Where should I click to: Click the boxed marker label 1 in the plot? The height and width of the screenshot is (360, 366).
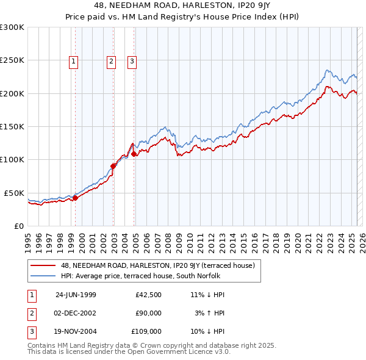(73, 60)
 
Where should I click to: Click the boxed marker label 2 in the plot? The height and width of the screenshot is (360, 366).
(111, 60)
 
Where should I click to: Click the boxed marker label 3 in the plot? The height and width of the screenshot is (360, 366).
(132, 60)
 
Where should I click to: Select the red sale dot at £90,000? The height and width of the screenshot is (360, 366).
(113, 166)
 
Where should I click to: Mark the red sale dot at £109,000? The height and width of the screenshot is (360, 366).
(134, 154)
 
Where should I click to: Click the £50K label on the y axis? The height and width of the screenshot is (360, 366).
(14, 193)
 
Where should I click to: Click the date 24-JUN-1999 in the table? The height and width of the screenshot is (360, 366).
(76, 295)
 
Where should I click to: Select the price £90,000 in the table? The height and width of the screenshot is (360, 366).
(148, 313)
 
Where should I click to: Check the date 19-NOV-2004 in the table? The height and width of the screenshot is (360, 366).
(76, 331)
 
